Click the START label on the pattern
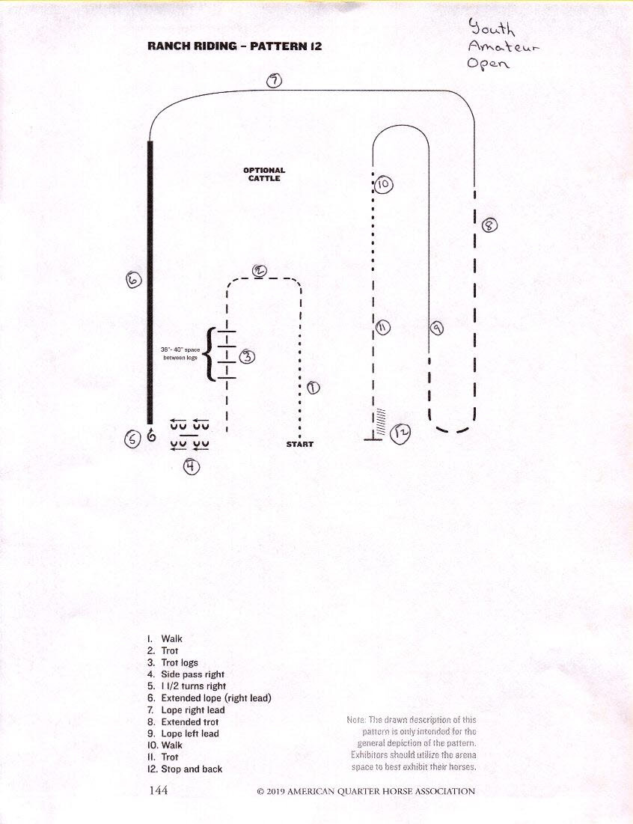(299, 444)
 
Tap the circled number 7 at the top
(274, 81)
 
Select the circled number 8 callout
(489, 225)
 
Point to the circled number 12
(401, 433)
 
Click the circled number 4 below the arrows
(192, 466)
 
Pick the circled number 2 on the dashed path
(260, 271)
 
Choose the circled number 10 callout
(384, 184)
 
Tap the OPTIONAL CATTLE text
(264, 174)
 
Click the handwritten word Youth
(492, 28)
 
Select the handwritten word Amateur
(504, 46)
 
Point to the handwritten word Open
(488, 64)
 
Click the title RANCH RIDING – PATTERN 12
(235, 46)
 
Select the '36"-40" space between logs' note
(180, 353)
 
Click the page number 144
(159, 790)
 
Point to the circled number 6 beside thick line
(134, 280)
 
